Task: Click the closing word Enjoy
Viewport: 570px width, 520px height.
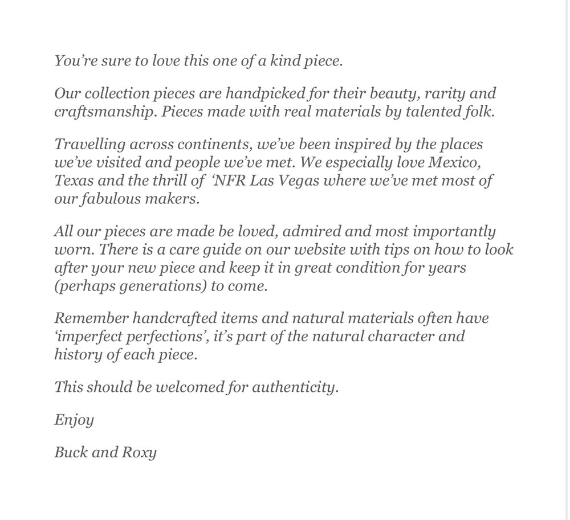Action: coord(74,421)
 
